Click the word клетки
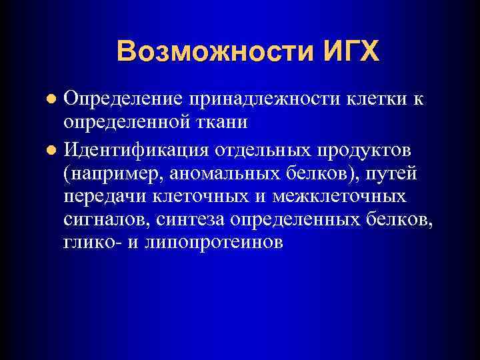point(376,99)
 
